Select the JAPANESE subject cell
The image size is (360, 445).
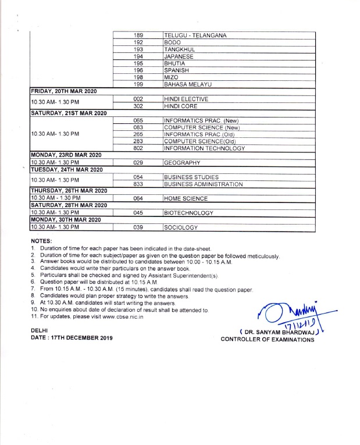[x=183, y=56]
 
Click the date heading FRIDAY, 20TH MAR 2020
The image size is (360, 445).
[x=63, y=92]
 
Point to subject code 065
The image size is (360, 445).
[x=138, y=120]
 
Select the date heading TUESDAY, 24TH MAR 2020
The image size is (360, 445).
[x=66, y=170]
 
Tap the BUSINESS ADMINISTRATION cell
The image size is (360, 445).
[x=203, y=184]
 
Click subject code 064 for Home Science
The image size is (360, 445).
[x=138, y=198]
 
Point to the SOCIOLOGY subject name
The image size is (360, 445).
[x=181, y=227]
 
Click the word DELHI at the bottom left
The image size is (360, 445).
[x=40, y=330]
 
